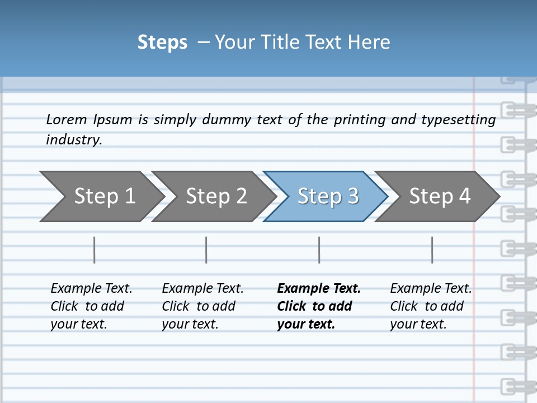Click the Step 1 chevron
(x=104, y=196)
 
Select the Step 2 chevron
(x=216, y=196)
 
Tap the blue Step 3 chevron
(x=327, y=196)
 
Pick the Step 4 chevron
(x=439, y=196)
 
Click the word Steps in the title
(x=162, y=43)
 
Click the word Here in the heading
(x=369, y=43)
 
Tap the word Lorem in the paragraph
(x=67, y=120)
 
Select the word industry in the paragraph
(x=74, y=140)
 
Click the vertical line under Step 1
(x=95, y=250)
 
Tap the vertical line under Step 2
(x=206, y=250)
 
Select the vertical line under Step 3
(x=319, y=250)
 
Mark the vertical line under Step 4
(x=432, y=250)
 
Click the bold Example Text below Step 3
(x=319, y=306)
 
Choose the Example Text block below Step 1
(x=91, y=306)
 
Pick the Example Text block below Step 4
(x=431, y=306)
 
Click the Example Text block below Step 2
(x=202, y=306)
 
